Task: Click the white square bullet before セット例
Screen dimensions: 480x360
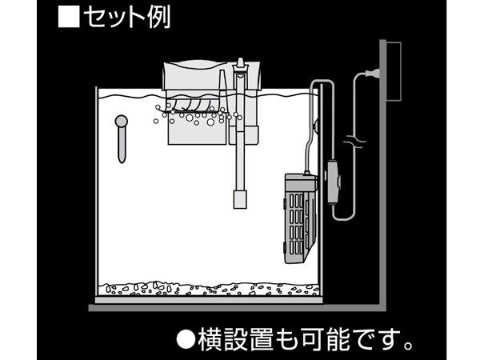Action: point(69,17)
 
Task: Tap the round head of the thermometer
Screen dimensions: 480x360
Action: point(122,122)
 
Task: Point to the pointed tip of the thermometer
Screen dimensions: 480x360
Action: point(122,161)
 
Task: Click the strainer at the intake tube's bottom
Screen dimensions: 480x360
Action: point(240,199)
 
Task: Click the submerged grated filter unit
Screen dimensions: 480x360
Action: point(300,218)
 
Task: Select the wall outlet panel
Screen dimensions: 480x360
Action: point(394,72)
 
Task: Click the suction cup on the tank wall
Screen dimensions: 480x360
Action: point(315,125)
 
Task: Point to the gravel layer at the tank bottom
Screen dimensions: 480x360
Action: point(209,290)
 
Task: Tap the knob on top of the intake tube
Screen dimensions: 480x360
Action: point(240,62)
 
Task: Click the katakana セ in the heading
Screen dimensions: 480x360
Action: point(95,17)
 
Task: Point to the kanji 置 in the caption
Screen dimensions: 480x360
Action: point(262,339)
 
